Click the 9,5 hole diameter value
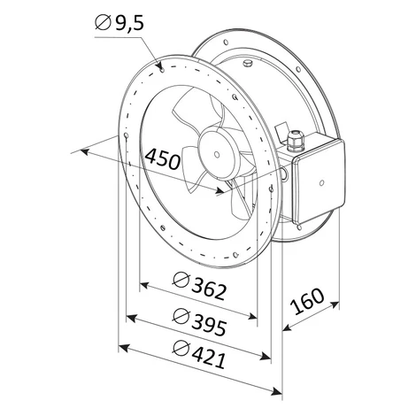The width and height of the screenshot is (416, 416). (x=129, y=23)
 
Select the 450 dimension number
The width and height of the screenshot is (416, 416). (x=162, y=159)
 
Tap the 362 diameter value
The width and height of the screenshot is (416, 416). (x=209, y=290)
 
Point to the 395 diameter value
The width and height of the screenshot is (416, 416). (x=209, y=326)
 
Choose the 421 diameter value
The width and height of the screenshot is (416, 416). (x=208, y=358)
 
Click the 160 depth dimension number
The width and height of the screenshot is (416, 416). (x=307, y=301)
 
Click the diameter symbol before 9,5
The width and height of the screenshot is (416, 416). (x=103, y=23)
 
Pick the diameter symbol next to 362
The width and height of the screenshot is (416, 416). (x=181, y=280)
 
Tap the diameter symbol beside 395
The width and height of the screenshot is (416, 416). (x=181, y=316)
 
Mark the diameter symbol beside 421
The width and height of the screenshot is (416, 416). (x=181, y=349)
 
